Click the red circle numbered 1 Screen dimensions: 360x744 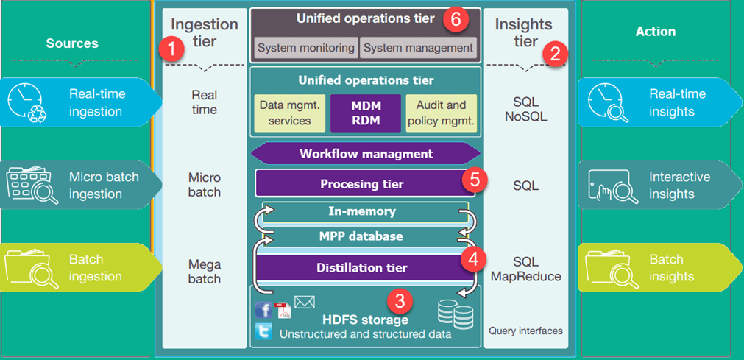(x=171, y=51)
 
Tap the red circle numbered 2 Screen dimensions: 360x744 (x=555, y=53)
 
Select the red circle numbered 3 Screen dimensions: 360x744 (x=400, y=300)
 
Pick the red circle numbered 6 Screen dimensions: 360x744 (x=456, y=20)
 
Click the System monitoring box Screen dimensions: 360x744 (x=305, y=48)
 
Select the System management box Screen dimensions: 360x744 (x=418, y=48)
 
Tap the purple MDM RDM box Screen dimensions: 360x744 (x=366, y=113)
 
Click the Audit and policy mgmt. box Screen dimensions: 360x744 (x=442, y=113)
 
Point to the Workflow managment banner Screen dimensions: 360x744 (x=366, y=154)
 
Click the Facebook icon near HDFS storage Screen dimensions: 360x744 (x=263, y=310)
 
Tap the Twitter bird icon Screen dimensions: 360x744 (x=263, y=331)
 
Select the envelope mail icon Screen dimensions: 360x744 (x=304, y=302)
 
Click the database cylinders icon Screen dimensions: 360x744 (x=454, y=315)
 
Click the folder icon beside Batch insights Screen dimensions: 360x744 (x=610, y=269)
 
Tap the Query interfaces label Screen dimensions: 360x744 (x=525, y=331)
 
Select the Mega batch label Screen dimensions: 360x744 (x=204, y=271)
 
